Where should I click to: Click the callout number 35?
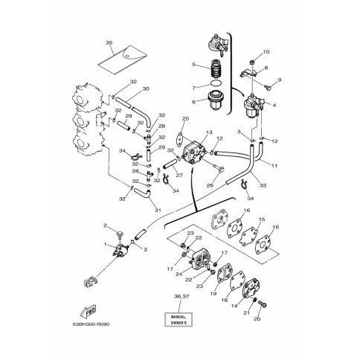[x=109, y=44]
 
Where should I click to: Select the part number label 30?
[x=146, y=89]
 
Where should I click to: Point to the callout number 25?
[x=186, y=118]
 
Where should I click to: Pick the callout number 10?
[x=267, y=51]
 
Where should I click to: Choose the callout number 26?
[x=210, y=184]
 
